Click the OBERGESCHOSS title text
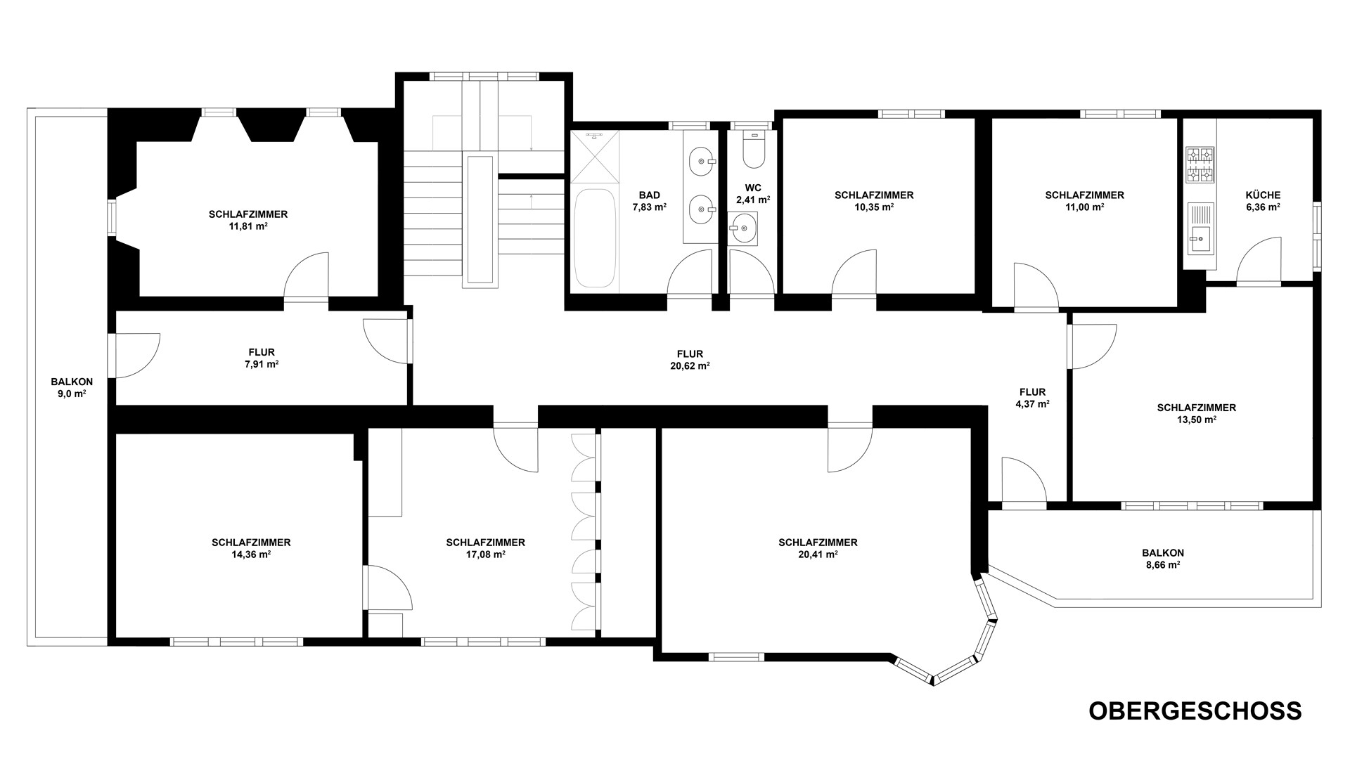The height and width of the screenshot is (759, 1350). [x=1195, y=711]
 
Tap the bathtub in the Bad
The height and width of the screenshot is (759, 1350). [x=594, y=237]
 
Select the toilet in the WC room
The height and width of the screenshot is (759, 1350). [x=752, y=150]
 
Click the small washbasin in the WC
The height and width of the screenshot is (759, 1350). [x=743, y=229]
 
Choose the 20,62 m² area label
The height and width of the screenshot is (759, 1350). [x=690, y=366]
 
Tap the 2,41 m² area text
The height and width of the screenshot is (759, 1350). [x=753, y=200]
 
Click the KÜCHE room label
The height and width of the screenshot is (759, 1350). [x=1263, y=195]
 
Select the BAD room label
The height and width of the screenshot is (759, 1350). [x=649, y=195]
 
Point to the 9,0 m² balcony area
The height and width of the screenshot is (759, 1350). [x=72, y=394]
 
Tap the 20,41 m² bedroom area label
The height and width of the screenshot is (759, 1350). [x=818, y=554]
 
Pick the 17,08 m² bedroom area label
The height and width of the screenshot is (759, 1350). [x=485, y=554]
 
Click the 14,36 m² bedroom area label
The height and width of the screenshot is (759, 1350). [x=251, y=554]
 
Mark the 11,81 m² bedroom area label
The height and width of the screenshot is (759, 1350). [x=248, y=226]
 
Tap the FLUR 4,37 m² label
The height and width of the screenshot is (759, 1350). [x=1032, y=398]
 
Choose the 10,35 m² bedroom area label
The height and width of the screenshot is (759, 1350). [x=874, y=207]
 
